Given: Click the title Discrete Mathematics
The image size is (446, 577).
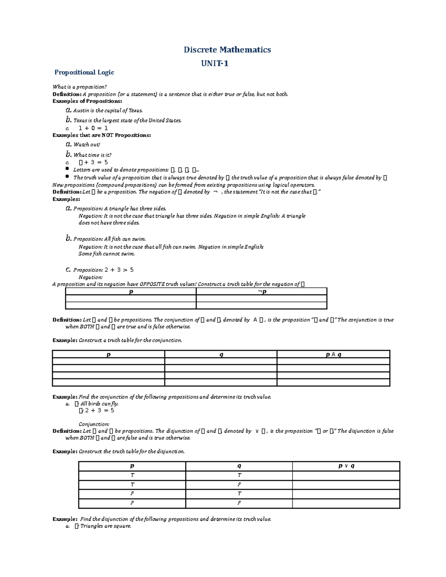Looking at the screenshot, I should (227, 50).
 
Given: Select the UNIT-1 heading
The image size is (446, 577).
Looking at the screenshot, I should (214, 64).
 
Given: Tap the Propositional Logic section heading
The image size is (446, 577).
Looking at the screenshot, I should (84, 72).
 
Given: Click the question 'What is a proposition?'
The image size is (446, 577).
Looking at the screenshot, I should (80, 87).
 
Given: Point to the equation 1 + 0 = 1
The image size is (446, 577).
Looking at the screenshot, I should (93, 128).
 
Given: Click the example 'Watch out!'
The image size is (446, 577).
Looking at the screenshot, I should (87, 145).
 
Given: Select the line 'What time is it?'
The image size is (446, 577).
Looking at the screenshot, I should (92, 155).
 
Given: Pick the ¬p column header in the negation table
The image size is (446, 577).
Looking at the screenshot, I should (262, 292).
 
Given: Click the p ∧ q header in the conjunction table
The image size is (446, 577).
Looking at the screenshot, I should (333, 354).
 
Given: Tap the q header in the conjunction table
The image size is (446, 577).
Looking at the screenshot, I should (221, 354).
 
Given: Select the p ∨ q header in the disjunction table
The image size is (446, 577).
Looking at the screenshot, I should (346, 466).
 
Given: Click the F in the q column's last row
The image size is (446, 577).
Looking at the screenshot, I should (239, 503).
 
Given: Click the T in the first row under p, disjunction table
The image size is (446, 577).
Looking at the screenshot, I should (132, 475).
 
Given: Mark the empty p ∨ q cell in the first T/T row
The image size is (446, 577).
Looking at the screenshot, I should (346, 475).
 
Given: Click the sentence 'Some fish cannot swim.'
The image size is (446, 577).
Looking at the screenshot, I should (107, 254).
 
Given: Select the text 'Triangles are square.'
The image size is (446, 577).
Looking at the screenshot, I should (106, 526).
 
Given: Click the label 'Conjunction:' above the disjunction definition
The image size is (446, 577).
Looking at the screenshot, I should (94, 424).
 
